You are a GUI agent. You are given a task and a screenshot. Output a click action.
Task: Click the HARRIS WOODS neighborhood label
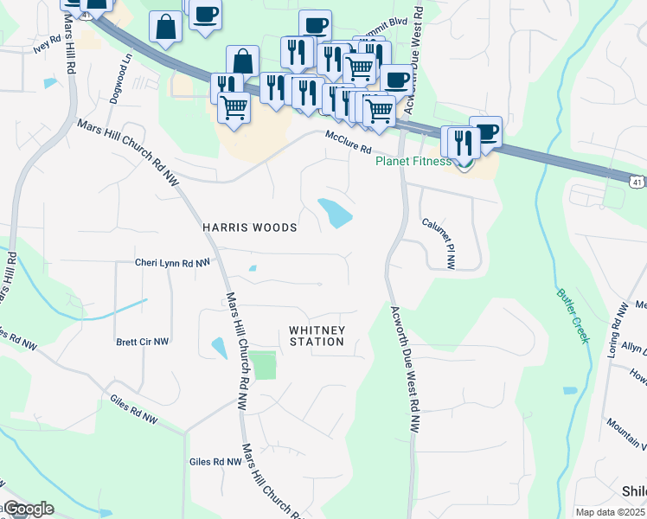coord(250,227)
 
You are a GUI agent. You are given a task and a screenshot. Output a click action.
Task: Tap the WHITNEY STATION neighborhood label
coord(317,336)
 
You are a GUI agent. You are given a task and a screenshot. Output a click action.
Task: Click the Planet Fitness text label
coord(413,161)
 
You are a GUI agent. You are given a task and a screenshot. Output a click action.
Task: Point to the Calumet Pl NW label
coord(439,242)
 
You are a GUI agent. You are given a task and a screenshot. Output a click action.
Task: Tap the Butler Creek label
coord(573,316)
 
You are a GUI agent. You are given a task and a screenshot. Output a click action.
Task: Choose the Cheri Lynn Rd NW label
coord(172,263)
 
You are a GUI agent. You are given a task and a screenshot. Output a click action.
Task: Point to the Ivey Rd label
coord(48,45)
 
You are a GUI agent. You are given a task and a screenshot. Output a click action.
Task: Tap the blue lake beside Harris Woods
coord(336,213)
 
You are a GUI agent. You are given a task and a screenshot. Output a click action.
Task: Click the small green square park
coord(263,365)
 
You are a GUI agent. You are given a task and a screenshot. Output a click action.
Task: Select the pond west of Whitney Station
coord(219,347)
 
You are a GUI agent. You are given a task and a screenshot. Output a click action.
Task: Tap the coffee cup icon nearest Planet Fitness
coord(485,132)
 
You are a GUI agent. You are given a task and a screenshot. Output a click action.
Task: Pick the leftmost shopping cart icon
coord(233,108)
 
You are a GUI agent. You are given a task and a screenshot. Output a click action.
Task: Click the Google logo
coord(28,509)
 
